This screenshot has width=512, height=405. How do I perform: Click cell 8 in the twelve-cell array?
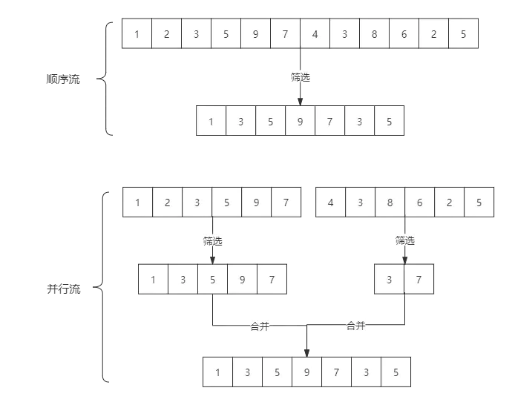tap(374, 34)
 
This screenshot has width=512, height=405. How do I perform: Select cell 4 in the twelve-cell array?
tap(315, 34)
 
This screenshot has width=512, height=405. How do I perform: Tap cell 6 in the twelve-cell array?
tap(404, 34)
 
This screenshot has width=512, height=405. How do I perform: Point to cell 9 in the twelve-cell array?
tap(255, 34)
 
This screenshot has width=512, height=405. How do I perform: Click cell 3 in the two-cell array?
tap(389, 280)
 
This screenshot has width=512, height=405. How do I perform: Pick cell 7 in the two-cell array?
tap(419, 280)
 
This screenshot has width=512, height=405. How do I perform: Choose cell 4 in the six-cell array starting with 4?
tap(330, 202)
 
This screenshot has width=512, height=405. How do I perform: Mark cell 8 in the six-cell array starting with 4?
tap(390, 202)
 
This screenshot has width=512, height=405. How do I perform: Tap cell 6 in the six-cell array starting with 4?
tap(419, 202)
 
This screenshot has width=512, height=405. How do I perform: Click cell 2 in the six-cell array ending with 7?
tap(167, 202)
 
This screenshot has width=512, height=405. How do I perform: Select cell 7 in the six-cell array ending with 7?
tap(286, 202)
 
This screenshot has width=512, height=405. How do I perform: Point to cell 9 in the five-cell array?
tap(243, 280)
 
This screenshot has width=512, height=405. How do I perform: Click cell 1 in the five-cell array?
tap(154, 280)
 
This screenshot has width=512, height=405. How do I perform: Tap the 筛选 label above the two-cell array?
tap(404, 240)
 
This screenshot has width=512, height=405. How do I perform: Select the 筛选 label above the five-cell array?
tap(213, 240)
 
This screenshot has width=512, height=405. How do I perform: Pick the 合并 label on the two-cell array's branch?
tap(356, 325)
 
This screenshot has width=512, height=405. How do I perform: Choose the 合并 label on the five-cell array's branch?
tap(260, 325)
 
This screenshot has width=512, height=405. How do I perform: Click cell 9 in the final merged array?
tap(306, 373)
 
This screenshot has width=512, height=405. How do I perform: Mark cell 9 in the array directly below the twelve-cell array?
tap(300, 122)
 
